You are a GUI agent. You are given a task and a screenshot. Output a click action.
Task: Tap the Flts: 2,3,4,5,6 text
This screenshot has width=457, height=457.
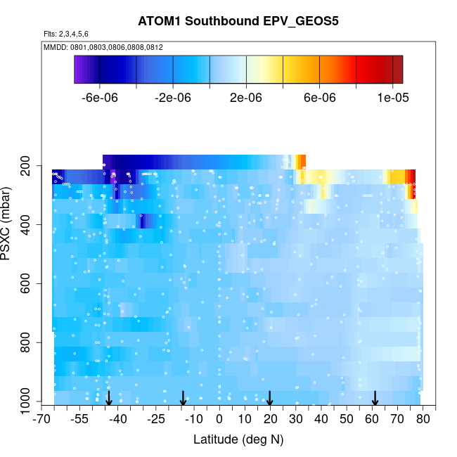point(66,34)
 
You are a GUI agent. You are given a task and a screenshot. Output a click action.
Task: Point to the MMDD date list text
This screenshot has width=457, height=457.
point(103,47)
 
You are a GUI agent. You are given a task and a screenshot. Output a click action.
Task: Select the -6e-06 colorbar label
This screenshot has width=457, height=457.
point(100,98)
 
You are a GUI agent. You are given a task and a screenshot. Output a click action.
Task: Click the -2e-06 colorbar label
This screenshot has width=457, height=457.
point(173,98)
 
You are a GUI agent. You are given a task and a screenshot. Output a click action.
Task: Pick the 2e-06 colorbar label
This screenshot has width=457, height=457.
point(246,98)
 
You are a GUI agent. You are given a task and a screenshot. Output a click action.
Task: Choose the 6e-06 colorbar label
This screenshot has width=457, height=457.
point(319,98)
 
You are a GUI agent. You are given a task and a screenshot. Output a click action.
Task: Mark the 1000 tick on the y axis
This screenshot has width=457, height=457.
point(26,402)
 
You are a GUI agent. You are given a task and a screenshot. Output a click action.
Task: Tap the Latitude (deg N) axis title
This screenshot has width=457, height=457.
point(238,439)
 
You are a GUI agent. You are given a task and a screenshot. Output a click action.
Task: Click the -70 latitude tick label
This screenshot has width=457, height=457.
point(42,420)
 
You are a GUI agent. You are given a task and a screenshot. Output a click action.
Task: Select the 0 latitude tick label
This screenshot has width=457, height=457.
point(219,420)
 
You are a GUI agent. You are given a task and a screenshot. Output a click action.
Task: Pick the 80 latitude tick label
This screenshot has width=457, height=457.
point(423,420)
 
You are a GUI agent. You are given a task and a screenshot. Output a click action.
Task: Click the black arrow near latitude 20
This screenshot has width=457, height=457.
point(270,399)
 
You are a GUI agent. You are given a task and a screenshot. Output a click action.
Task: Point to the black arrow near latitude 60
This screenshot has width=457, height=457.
point(375,399)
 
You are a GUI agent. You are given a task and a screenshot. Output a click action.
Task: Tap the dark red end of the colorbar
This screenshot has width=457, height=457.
point(397,70)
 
